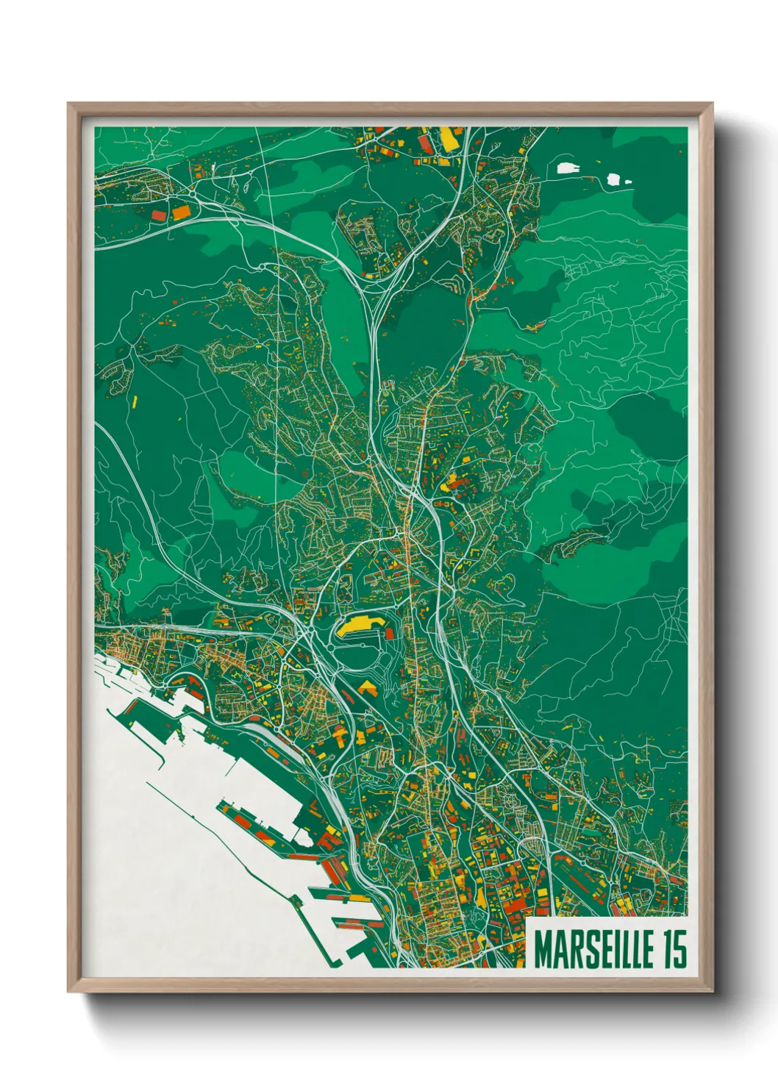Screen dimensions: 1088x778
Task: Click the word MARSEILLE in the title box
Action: (593, 949)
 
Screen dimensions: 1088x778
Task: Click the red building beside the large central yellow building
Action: (389, 633)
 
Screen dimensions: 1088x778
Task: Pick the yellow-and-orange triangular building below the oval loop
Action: (367, 688)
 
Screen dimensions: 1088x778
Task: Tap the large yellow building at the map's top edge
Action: (448, 139)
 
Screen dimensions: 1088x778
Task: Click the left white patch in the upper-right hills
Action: (568, 168)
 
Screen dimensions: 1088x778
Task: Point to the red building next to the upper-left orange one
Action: (159, 215)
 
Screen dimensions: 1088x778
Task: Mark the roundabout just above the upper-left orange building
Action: (193, 193)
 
